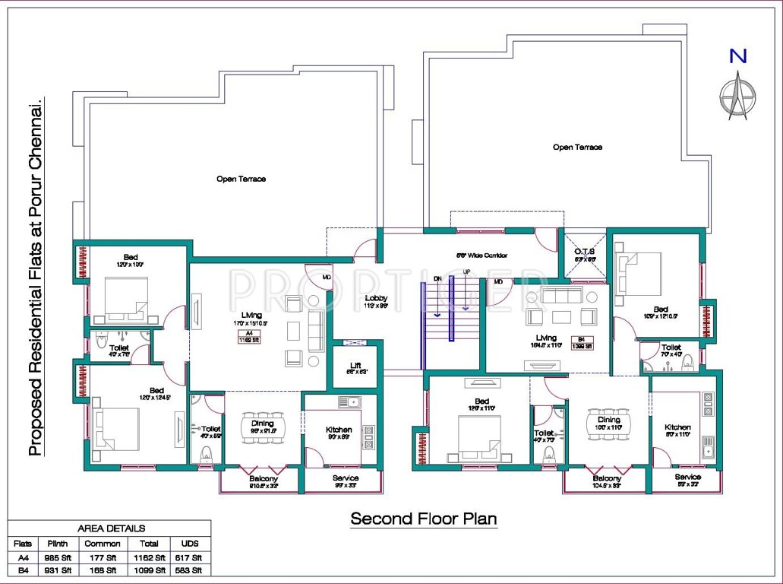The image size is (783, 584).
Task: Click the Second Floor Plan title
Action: point(423,519)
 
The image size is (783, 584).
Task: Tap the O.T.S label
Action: point(584,251)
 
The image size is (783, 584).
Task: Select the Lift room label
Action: point(355,366)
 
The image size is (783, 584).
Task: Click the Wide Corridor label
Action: point(481,255)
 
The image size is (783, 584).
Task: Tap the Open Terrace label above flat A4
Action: point(241,179)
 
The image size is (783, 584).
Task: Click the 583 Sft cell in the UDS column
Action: point(187,570)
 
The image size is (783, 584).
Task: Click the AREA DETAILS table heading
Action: point(111,528)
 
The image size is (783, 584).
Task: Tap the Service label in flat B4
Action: point(688,478)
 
